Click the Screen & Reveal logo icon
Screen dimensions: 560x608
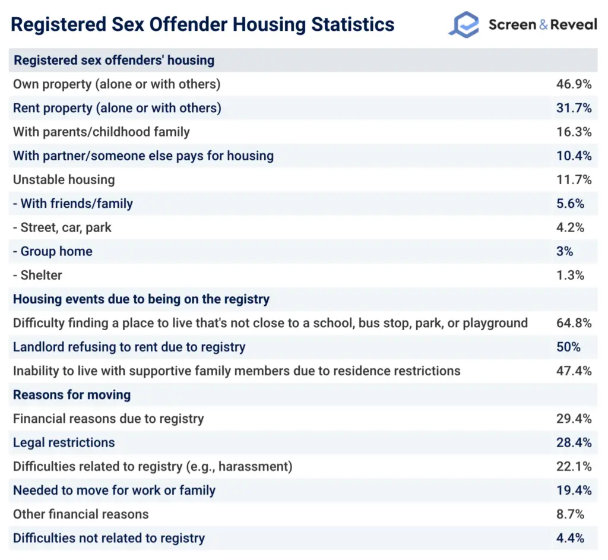463,25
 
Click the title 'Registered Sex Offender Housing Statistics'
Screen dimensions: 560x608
202,25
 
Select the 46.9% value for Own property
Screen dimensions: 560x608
574,84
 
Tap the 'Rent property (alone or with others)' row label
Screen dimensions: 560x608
117,108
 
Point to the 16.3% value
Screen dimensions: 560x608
574,132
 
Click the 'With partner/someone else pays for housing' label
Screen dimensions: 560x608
143,156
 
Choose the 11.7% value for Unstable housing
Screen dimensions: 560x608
574,180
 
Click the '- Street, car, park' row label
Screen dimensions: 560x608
62,227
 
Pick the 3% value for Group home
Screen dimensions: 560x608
565,251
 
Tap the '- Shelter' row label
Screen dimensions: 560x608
37,275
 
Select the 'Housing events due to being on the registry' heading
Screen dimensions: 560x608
141,299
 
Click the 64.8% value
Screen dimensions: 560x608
574,323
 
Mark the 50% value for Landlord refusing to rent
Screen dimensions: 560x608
568,347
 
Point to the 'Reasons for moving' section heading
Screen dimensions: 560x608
72,395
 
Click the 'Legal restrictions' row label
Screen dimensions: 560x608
64,442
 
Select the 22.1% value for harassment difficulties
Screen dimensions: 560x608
574,467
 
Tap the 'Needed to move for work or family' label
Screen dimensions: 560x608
114,491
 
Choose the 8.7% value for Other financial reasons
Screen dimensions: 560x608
571,514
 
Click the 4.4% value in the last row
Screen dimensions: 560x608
571,538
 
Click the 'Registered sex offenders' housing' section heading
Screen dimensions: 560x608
114,61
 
